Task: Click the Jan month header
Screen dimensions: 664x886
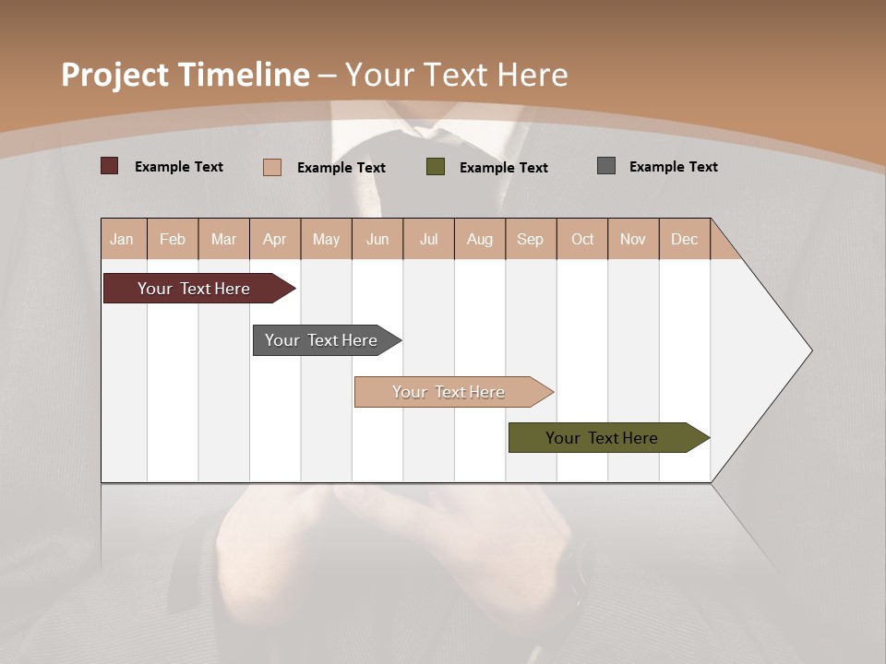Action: pos(122,239)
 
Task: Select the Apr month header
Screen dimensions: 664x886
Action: pos(274,239)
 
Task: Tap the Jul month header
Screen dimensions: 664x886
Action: pos(428,239)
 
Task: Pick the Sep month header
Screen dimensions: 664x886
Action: pos(530,239)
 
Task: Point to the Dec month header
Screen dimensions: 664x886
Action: pos(684,239)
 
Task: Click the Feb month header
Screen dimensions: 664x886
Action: pos(173,239)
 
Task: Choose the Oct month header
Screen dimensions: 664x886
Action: pos(582,239)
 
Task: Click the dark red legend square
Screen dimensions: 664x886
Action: pos(110,166)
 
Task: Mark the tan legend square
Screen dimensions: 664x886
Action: pos(272,167)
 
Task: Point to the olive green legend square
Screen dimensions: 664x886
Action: pos(436,167)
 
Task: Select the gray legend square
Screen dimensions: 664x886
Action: pos(606,166)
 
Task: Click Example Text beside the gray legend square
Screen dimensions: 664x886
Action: pos(673,167)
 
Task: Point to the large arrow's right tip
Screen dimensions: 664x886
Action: pos(809,350)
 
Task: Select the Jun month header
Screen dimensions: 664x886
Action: pos(377,239)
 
